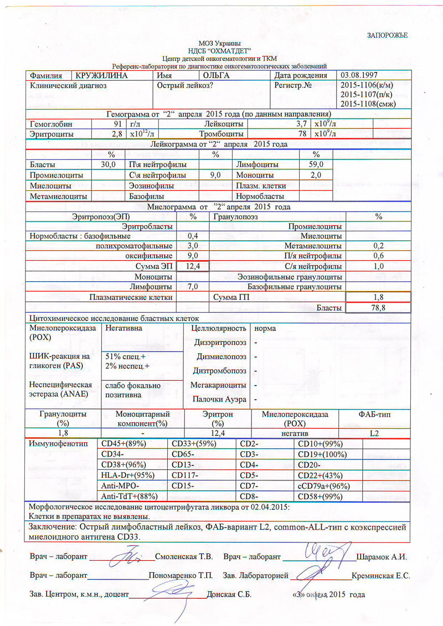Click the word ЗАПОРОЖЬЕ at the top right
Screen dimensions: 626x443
(388, 35)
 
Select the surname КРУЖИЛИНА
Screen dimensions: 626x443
(102, 75)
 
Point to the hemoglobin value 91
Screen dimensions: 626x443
(116, 124)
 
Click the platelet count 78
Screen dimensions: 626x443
(302, 134)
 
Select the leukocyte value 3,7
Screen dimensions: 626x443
(301, 124)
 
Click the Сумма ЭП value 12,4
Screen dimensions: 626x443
(193, 266)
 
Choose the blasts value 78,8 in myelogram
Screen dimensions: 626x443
(378, 308)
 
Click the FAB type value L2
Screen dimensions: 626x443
(374, 433)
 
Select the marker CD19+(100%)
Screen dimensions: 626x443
(322, 454)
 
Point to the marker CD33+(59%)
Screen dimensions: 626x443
(194, 444)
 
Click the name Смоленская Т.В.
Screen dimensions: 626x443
(184, 555)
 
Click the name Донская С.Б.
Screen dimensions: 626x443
(229, 595)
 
